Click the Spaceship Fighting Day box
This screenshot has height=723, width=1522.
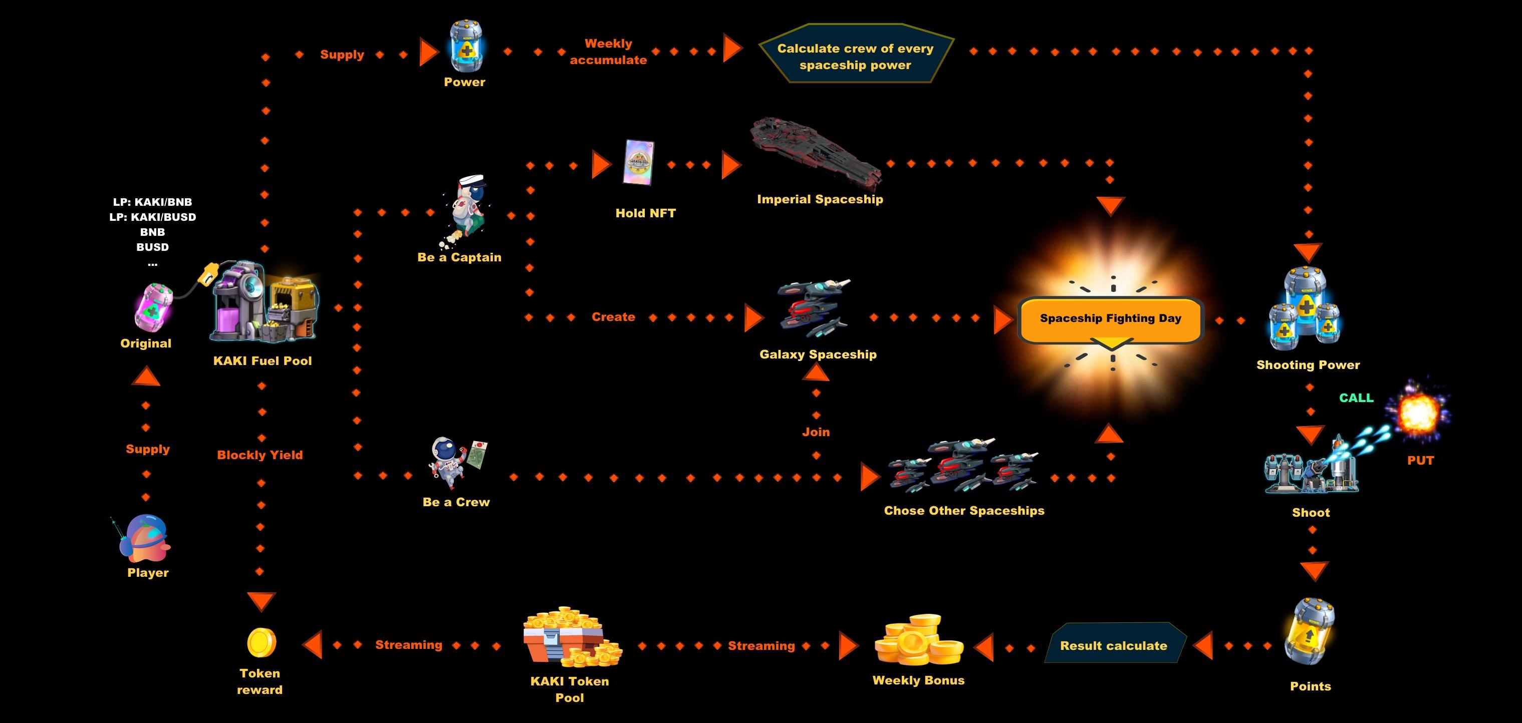point(1110,319)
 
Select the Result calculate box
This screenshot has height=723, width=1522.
point(1114,644)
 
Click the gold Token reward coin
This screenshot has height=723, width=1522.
point(261,643)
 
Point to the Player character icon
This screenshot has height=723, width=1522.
point(145,539)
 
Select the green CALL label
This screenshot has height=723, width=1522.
point(1356,398)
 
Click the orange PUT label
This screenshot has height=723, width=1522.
point(1420,461)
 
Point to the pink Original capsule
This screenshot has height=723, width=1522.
point(154,306)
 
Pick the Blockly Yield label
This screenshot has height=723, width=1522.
point(260,455)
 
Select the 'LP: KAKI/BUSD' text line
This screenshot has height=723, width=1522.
point(152,217)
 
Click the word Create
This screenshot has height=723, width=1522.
point(613,317)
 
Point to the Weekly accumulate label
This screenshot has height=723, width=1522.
point(608,52)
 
